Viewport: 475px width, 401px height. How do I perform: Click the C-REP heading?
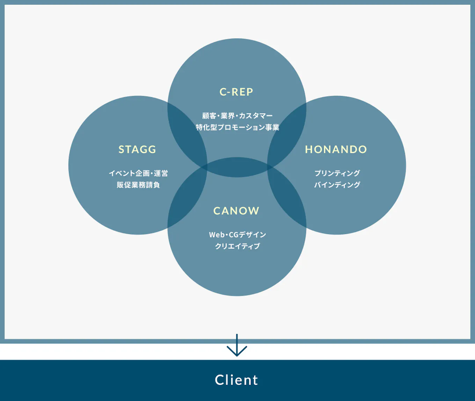click(x=236, y=92)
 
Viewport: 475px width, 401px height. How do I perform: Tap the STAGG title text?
click(x=137, y=150)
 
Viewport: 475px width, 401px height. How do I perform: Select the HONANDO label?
click(x=336, y=150)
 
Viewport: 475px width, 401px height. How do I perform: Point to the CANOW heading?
click(x=236, y=211)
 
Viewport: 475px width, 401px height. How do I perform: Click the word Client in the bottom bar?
click(x=236, y=380)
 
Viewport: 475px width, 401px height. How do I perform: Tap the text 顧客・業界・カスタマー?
click(x=237, y=116)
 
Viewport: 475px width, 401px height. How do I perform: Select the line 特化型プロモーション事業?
click(x=237, y=127)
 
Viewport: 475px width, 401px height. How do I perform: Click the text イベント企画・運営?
click(x=138, y=173)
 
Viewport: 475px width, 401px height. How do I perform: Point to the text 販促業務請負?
click(x=138, y=185)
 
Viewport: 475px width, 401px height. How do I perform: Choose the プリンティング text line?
click(x=337, y=173)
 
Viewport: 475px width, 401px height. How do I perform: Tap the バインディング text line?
click(x=337, y=185)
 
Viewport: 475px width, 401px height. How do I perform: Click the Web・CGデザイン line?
click(x=237, y=235)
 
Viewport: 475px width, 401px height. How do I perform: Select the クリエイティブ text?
click(x=237, y=246)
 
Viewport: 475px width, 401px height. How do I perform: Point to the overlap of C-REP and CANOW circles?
click(x=237, y=167)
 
